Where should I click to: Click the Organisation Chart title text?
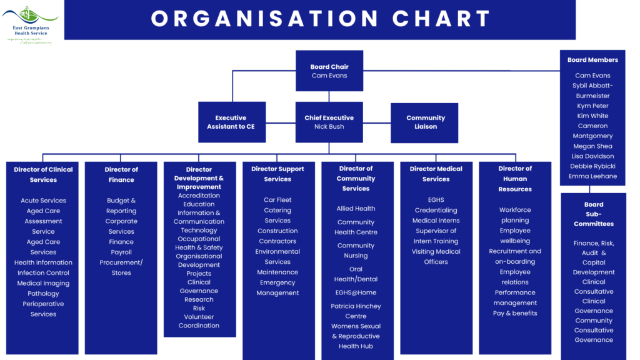(320, 19)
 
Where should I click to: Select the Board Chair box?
(329, 71)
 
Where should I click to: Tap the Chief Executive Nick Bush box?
(329, 122)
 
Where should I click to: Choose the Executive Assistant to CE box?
(231, 122)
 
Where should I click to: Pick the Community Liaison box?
(426, 122)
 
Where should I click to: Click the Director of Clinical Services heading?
(43, 174)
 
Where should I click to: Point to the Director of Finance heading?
(121, 174)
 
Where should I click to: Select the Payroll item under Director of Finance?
(121, 252)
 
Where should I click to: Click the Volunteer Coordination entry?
(199, 321)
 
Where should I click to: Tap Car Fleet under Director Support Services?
(277, 200)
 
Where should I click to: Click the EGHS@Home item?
(356, 292)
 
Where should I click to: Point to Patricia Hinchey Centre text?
(356, 311)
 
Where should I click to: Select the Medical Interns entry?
(436, 221)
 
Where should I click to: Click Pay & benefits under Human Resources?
(515, 313)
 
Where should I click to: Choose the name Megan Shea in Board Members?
(593, 146)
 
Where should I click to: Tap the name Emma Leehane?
(593, 176)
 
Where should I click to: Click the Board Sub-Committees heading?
(594, 214)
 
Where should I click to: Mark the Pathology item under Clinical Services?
(43, 293)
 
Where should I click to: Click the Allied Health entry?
(356, 209)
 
